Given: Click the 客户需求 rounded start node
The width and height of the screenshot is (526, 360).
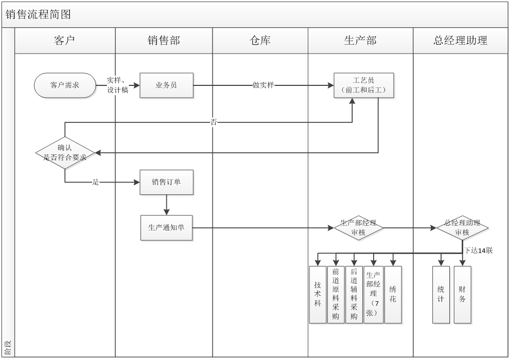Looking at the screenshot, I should pyautogui.click(x=65, y=85).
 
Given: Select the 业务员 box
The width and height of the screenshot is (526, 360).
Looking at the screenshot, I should pyautogui.click(x=166, y=85).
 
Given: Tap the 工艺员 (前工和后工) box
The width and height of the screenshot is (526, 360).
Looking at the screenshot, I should pyautogui.click(x=363, y=85).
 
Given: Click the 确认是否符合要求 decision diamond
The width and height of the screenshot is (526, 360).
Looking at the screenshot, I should pyautogui.click(x=65, y=153).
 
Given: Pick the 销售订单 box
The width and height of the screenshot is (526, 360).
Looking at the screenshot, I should pyautogui.click(x=166, y=182).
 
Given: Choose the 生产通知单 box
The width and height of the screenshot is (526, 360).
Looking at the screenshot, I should pyautogui.click(x=166, y=228).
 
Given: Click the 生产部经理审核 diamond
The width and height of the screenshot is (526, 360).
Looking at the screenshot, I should pyautogui.click(x=358, y=228).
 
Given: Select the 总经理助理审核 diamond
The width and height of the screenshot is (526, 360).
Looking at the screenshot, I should pyautogui.click(x=462, y=228).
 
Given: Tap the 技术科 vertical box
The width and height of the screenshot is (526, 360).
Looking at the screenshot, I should pyautogui.click(x=318, y=295).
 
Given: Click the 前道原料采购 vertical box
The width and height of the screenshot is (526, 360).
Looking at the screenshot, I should pyautogui.click(x=336, y=295).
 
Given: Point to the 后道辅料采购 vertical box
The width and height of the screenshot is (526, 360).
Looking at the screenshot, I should pyautogui.click(x=354, y=295).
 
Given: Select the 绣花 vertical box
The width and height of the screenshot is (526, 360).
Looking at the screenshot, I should pyautogui.click(x=393, y=295).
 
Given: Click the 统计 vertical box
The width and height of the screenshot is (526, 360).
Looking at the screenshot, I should pyautogui.click(x=441, y=295).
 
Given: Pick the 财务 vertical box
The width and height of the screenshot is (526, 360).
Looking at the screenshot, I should pyautogui.click(x=462, y=295).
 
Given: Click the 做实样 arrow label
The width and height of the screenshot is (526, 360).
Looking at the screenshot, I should pyautogui.click(x=263, y=85).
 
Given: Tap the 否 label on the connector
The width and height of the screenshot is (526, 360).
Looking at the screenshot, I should pyautogui.click(x=214, y=122).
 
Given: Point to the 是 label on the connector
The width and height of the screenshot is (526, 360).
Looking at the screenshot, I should pyautogui.click(x=96, y=182).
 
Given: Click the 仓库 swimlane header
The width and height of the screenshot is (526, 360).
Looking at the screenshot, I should pyautogui.click(x=260, y=41).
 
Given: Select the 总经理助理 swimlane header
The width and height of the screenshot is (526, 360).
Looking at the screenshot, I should pyautogui.click(x=460, y=41).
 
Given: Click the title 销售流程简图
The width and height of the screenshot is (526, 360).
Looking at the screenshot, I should pyautogui.click(x=38, y=14).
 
